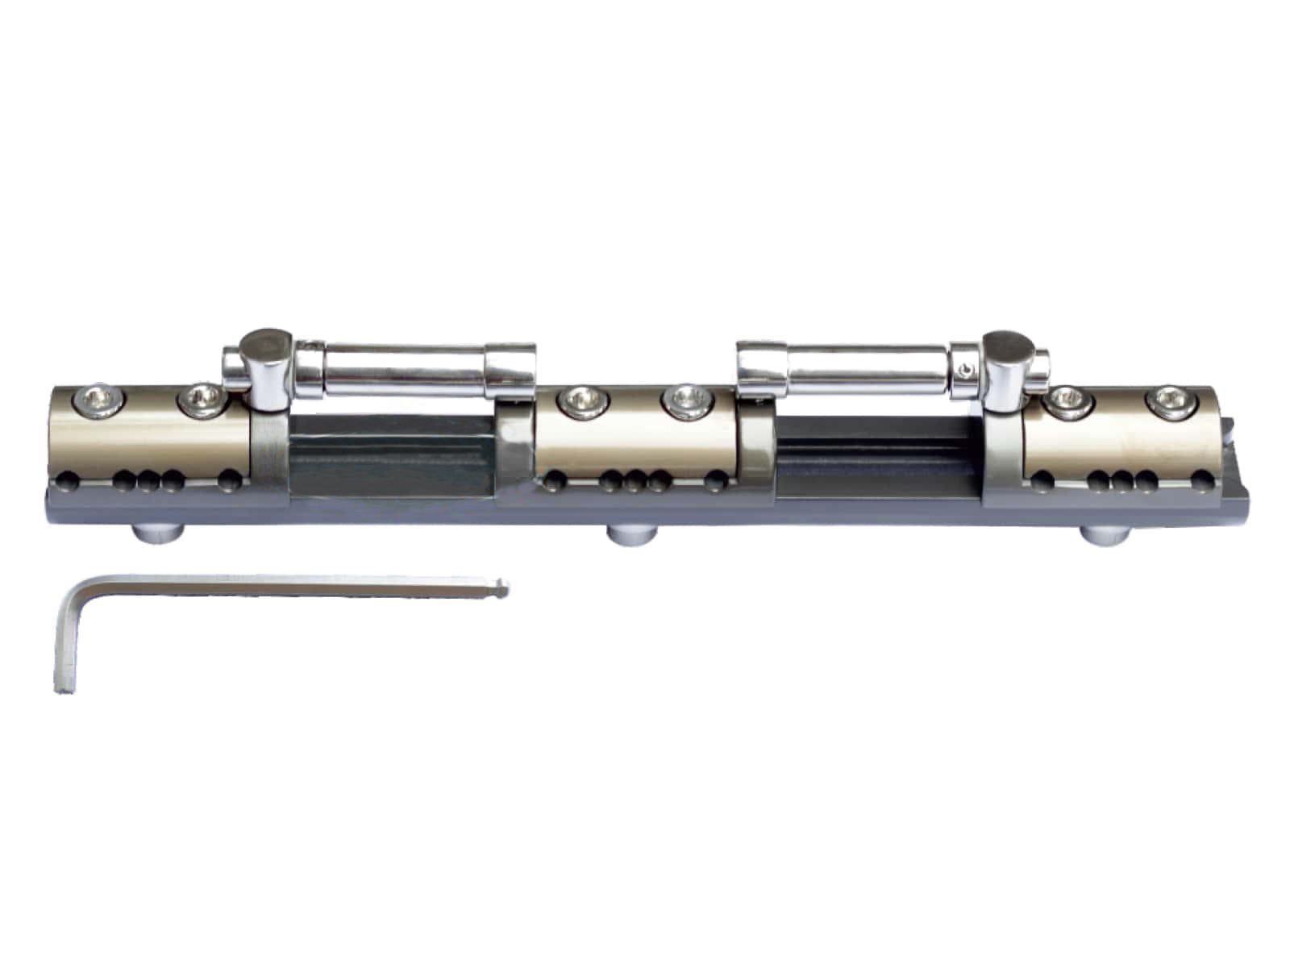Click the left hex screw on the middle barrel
click(581, 400)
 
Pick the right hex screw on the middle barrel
click(686, 400)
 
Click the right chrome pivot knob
click(1007, 348)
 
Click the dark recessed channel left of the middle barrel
click(390, 459)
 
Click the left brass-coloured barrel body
click(153, 439)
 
